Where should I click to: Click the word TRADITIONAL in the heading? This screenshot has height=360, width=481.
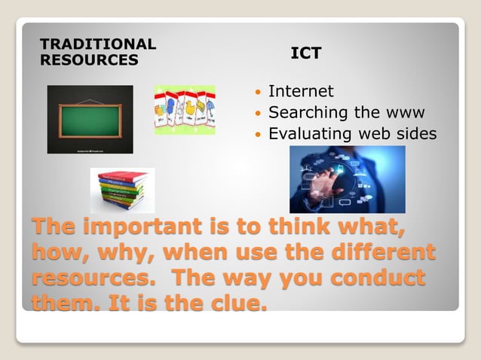pyautogui.click(x=97, y=44)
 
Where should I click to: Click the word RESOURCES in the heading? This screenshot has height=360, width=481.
pyautogui.click(x=88, y=59)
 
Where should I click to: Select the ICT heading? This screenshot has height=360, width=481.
pyautogui.click(x=306, y=53)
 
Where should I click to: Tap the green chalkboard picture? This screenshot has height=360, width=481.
pyautogui.click(x=90, y=119)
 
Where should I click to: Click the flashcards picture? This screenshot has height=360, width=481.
pyautogui.click(x=185, y=110)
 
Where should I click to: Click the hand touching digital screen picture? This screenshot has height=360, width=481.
pyautogui.click(x=347, y=179)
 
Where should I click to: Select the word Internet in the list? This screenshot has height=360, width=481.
pyautogui.click(x=301, y=91)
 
